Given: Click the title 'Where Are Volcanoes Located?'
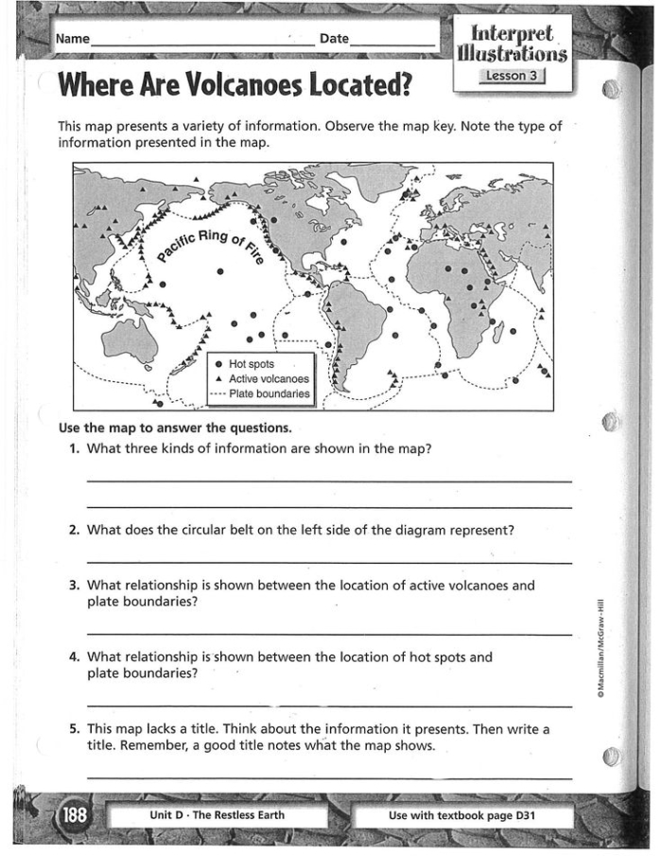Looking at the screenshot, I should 235,85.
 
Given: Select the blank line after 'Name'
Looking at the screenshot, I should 203,44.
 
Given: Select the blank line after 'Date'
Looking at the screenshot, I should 392,44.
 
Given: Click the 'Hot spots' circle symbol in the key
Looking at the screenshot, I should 219,363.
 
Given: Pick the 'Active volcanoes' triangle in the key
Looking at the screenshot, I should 219,378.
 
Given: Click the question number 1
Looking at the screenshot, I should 74,449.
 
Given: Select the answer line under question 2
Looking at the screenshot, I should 328,564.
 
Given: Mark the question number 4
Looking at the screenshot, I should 74,656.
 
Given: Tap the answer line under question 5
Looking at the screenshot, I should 328,777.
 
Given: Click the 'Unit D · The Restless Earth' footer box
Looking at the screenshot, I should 217,815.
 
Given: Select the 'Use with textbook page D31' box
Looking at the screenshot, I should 462,815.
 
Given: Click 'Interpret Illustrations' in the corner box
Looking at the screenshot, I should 514,40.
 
